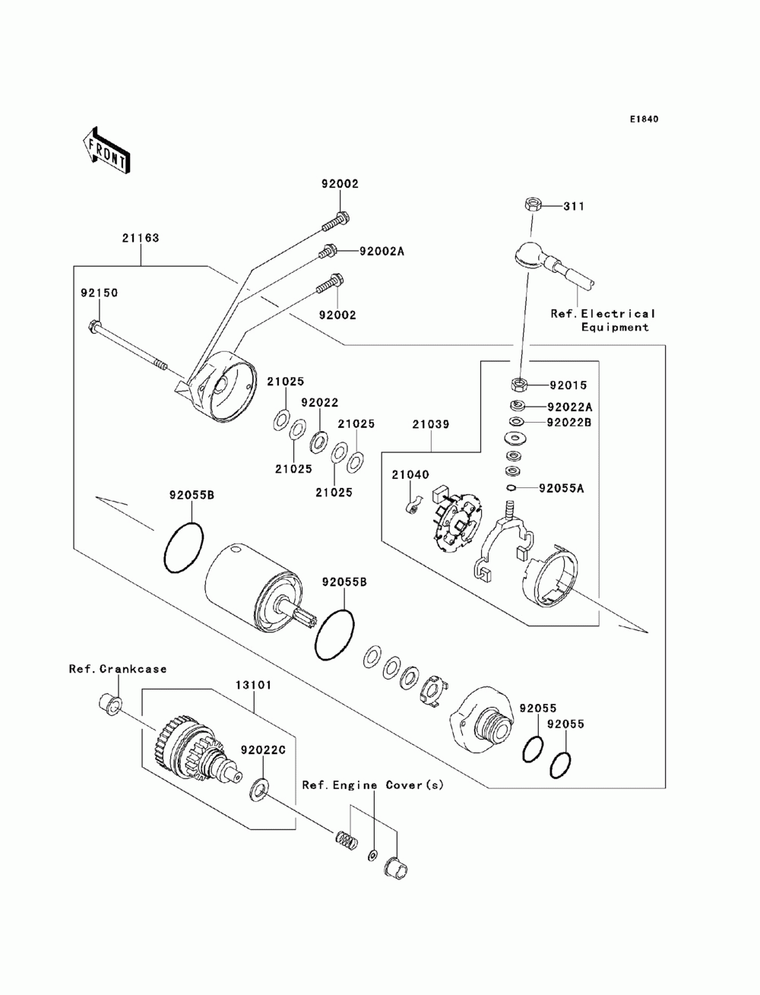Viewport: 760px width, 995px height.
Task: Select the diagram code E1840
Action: pyautogui.click(x=644, y=119)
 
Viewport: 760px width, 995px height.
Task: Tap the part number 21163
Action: pyautogui.click(x=141, y=238)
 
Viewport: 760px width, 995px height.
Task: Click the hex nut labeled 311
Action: pyautogui.click(x=531, y=205)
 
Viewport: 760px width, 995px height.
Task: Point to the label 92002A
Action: pyautogui.click(x=382, y=251)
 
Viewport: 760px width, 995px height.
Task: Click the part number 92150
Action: pyautogui.click(x=100, y=293)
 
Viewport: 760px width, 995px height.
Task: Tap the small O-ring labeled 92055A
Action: pyautogui.click(x=511, y=488)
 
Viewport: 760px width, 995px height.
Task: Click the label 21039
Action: pyautogui.click(x=431, y=424)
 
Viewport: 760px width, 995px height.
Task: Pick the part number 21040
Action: pyautogui.click(x=410, y=474)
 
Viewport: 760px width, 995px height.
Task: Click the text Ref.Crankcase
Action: pyautogui.click(x=118, y=669)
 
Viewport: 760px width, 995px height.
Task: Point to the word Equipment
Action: pyautogui.click(x=615, y=328)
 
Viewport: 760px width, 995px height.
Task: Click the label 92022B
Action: pyautogui.click(x=569, y=423)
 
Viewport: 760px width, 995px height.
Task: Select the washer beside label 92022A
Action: pyautogui.click(x=517, y=404)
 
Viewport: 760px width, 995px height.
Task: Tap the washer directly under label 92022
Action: pyautogui.click(x=319, y=442)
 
